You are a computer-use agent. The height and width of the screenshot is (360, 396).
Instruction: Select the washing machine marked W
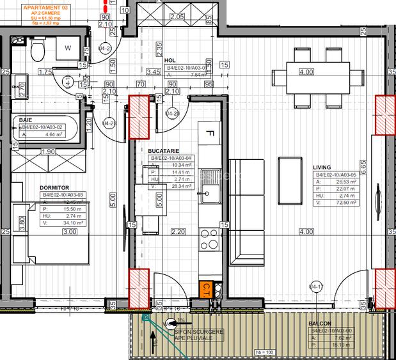click(68, 47)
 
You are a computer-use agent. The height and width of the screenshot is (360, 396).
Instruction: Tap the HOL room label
click(170, 60)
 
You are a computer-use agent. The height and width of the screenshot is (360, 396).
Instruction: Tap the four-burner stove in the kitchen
click(209, 239)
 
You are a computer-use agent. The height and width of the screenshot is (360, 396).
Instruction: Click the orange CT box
click(207, 289)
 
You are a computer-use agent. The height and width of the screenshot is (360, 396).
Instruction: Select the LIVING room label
click(322, 168)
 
